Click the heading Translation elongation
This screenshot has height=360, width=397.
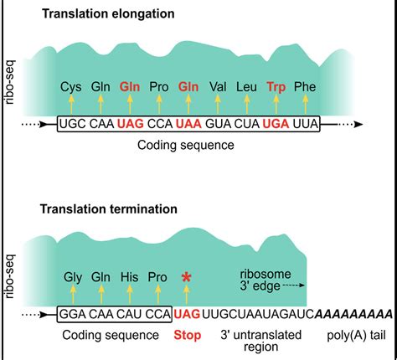(108, 13)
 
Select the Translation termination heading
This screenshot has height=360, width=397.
(109, 208)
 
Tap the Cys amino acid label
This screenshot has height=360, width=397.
(71, 87)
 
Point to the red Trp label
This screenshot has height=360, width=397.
(276, 87)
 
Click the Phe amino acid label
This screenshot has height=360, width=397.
(305, 87)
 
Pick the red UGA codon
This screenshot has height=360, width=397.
(276, 124)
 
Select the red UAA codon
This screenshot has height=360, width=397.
(188, 124)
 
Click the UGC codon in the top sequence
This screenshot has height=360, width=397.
(73, 124)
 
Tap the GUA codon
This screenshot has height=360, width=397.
(218, 124)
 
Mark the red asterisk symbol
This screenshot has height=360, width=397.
(186, 277)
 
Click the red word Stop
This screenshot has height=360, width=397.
(188, 335)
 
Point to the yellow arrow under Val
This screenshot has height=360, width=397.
(218, 105)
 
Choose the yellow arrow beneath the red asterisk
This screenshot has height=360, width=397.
(187, 295)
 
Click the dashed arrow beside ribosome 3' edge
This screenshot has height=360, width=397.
(293, 285)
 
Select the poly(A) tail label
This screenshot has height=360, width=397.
(356, 335)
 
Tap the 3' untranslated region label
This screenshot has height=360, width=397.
(261, 341)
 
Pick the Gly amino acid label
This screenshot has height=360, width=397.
(73, 277)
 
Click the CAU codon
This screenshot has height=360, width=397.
(129, 314)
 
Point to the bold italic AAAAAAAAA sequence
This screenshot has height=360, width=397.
(353, 314)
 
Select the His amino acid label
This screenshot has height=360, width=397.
(130, 277)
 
